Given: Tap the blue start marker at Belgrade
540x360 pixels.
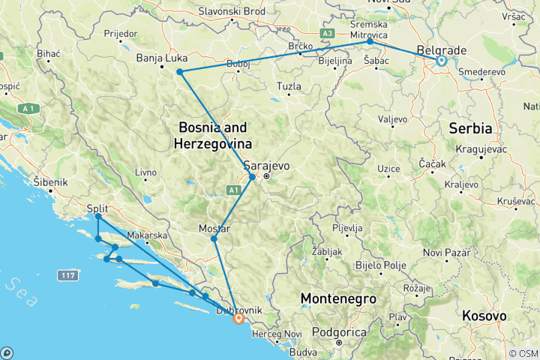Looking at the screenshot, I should click(x=441, y=61).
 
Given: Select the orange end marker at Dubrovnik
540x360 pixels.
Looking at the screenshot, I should click(x=238, y=319).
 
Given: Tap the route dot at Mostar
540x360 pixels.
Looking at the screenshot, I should click(x=214, y=239).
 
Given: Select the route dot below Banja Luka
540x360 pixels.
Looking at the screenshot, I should click(x=180, y=72).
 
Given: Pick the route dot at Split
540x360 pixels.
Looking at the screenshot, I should click(x=98, y=217).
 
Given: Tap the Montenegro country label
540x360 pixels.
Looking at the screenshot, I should click(x=337, y=298).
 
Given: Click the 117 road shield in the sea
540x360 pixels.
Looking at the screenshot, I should click(x=65, y=276).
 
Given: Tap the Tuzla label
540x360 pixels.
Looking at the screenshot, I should click(x=289, y=86).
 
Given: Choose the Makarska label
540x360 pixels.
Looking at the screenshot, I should click(x=145, y=235).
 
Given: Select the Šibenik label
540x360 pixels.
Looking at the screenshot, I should click(x=50, y=181).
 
